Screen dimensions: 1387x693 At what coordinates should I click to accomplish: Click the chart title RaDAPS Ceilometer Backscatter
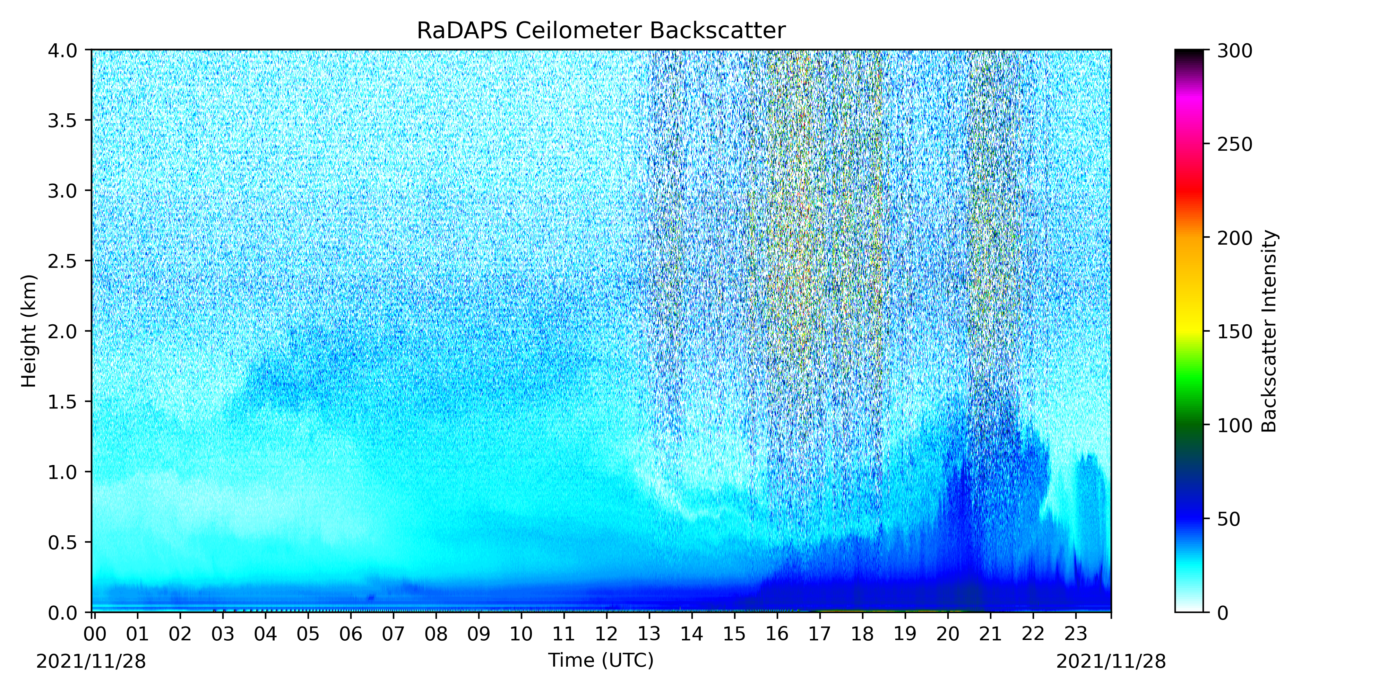(601, 31)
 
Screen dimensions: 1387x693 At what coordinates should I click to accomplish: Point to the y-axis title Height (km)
(29, 331)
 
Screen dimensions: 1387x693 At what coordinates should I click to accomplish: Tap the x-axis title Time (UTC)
(601, 660)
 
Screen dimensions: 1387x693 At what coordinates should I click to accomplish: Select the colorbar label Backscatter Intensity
(1269, 331)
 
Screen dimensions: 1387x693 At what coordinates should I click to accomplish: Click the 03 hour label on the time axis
(222, 634)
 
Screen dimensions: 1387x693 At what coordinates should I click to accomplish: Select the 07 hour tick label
(393, 634)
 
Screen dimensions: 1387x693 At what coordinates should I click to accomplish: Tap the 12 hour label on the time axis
(606, 634)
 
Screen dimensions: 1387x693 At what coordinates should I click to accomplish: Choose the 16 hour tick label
(777, 634)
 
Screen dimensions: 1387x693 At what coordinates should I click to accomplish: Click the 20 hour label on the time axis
(948, 634)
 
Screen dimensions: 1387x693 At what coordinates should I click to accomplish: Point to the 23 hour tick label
(1076, 634)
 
